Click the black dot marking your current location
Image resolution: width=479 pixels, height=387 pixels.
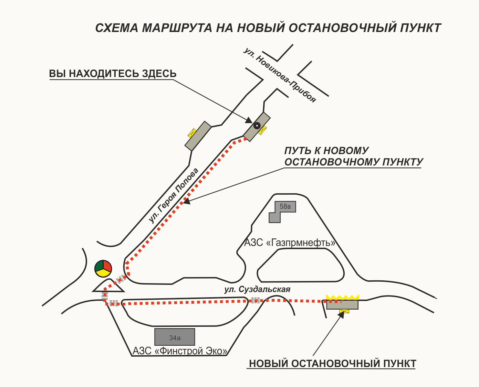(x=257, y=126)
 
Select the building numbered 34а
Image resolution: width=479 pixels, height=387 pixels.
(x=175, y=337)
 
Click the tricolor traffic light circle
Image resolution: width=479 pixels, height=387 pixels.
(x=103, y=268)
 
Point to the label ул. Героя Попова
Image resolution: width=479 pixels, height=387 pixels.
(x=174, y=195)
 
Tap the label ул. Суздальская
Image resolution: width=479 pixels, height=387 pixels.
(x=257, y=289)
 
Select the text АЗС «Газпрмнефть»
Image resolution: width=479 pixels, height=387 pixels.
(x=290, y=243)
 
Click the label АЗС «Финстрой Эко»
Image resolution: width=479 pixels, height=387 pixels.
(x=180, y=351)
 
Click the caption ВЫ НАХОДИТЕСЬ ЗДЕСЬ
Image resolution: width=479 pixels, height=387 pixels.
(x=113, y=74)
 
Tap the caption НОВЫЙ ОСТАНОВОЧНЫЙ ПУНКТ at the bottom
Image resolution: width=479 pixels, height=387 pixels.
(x=332, y=364)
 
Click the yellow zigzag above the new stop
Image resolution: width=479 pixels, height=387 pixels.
(x=343, y=297)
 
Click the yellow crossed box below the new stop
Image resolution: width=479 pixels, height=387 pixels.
(x=344, y=311)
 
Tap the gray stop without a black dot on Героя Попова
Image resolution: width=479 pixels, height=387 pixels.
(x=198, y=136)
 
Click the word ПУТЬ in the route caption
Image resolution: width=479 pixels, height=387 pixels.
(x=298, y=151)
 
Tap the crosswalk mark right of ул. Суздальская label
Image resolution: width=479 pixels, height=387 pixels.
(x=256, y=300)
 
